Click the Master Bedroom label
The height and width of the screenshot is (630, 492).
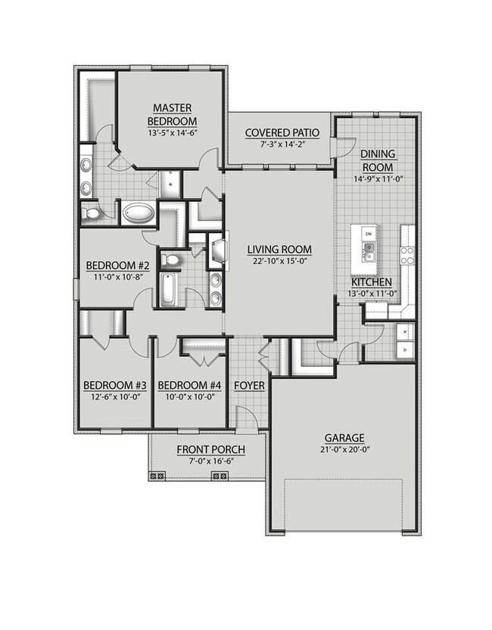173,115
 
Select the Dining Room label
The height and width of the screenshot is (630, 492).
378,160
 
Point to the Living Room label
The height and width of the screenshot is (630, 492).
281,249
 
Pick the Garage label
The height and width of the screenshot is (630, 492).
344,437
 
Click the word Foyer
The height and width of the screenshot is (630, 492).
249,386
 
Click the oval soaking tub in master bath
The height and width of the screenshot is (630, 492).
138,214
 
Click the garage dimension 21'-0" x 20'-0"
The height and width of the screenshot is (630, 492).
344,449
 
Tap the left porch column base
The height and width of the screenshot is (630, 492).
158,476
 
